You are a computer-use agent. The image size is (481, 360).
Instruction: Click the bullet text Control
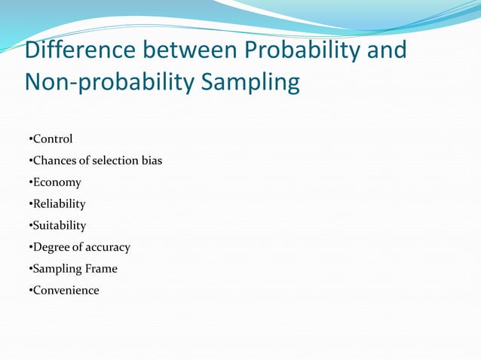(x=52, y=139)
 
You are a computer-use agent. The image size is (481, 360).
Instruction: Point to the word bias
(x=152, y=160)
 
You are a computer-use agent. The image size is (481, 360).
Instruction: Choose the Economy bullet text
(x=57, y=182)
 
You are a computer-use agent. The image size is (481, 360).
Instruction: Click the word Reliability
(x=59, y=203)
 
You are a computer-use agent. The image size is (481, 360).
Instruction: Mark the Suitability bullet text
(x=59, y=225)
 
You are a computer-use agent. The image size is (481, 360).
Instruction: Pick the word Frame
(x=102, y=268)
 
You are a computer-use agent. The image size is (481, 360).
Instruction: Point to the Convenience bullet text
(x=66, y=290)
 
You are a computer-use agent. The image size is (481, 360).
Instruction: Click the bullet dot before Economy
(x=29, y=183)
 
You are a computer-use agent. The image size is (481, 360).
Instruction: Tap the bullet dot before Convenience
(x=29, y=291)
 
